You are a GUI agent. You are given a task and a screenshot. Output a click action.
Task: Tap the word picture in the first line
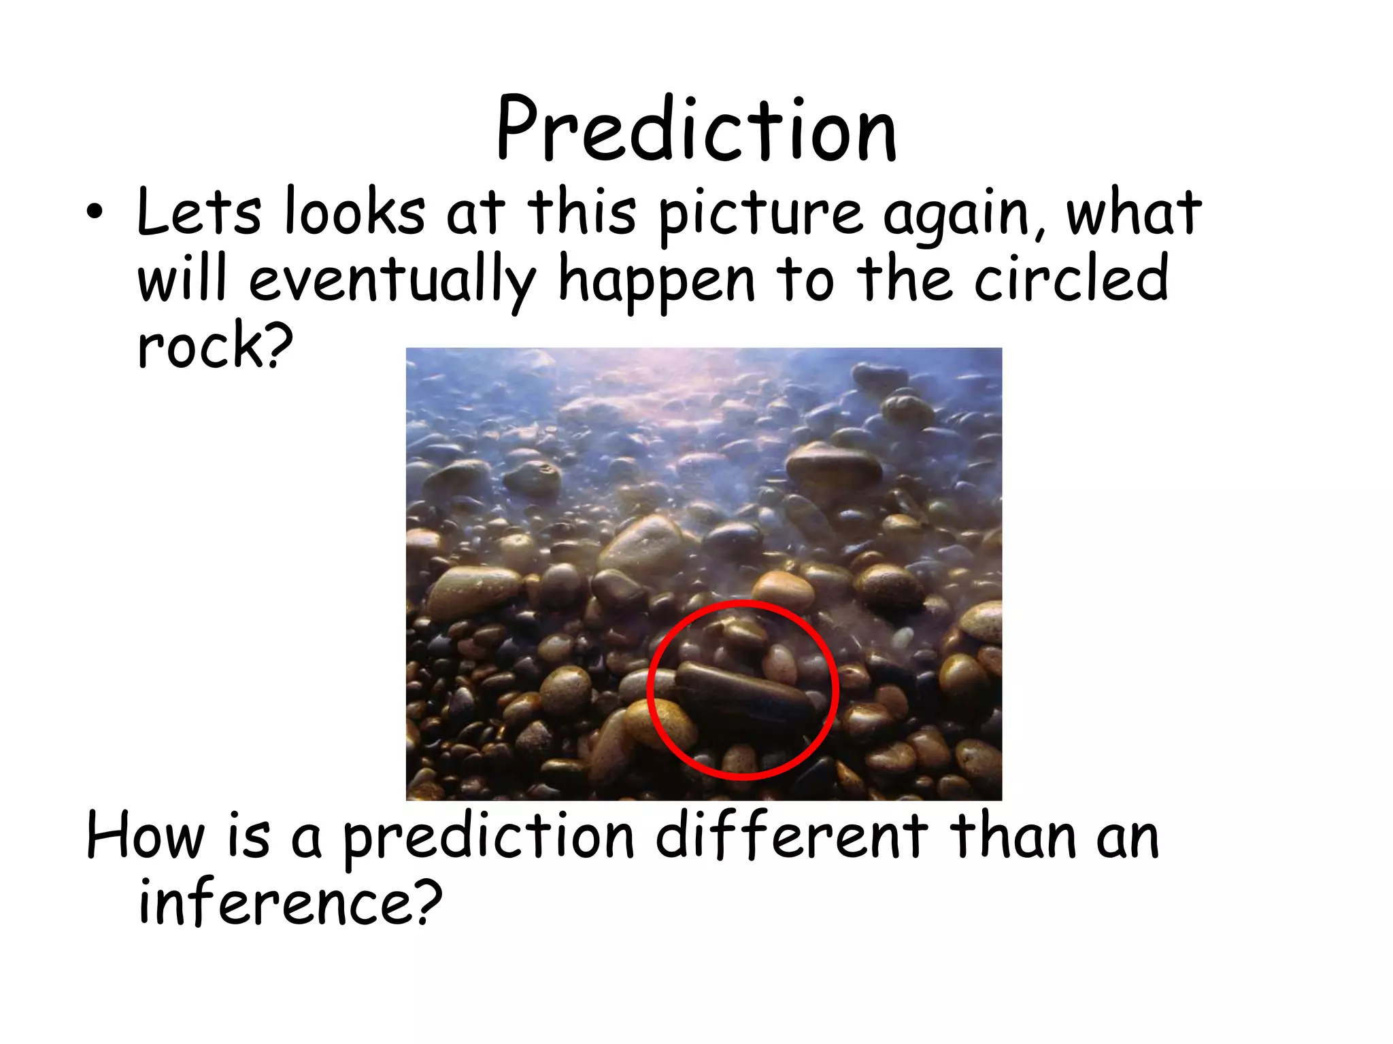pyautogui.click(x=761, y=214)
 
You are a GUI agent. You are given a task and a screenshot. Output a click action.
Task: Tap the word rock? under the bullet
pyautogui.click(x=215, y=345)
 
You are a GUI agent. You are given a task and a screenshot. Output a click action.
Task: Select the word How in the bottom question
pyautogui.click(x=145, y=836)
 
